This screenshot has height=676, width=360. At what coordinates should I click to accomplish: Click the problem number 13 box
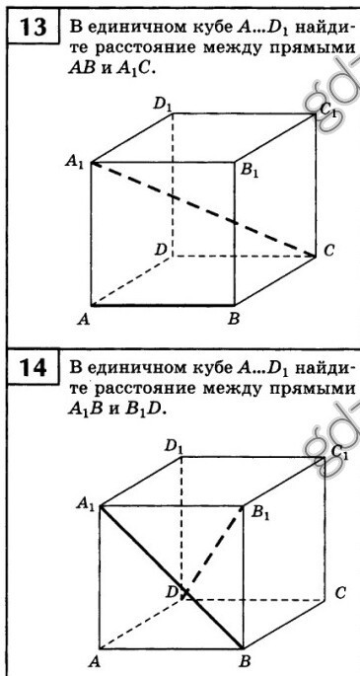[x=34, y=30]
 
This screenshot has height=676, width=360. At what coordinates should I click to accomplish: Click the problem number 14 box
[x=34, y=368]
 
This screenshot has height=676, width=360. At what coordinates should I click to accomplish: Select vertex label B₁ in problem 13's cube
[x=250, y=171]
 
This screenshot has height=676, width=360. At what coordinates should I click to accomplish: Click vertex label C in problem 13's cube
[x=329, y=251]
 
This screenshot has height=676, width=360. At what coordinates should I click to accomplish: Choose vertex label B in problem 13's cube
[x=234, y=320]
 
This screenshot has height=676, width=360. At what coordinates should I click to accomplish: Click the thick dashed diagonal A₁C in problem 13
[x=204, y=209]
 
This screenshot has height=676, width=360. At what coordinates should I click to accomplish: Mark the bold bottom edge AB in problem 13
[x=163, y=305]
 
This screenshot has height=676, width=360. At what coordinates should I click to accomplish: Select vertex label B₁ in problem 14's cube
[x=259, y=513]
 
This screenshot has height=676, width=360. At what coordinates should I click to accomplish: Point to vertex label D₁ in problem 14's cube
[x=174, y=447]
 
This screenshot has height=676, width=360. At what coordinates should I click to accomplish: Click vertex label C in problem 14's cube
[x=340, y=594]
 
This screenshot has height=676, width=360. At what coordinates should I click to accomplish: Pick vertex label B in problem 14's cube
[x=246, y=661]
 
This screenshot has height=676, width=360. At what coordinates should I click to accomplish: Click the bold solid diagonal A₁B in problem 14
[x=172, y=577]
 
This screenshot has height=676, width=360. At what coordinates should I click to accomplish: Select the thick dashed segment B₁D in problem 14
[x=213, y=553]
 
